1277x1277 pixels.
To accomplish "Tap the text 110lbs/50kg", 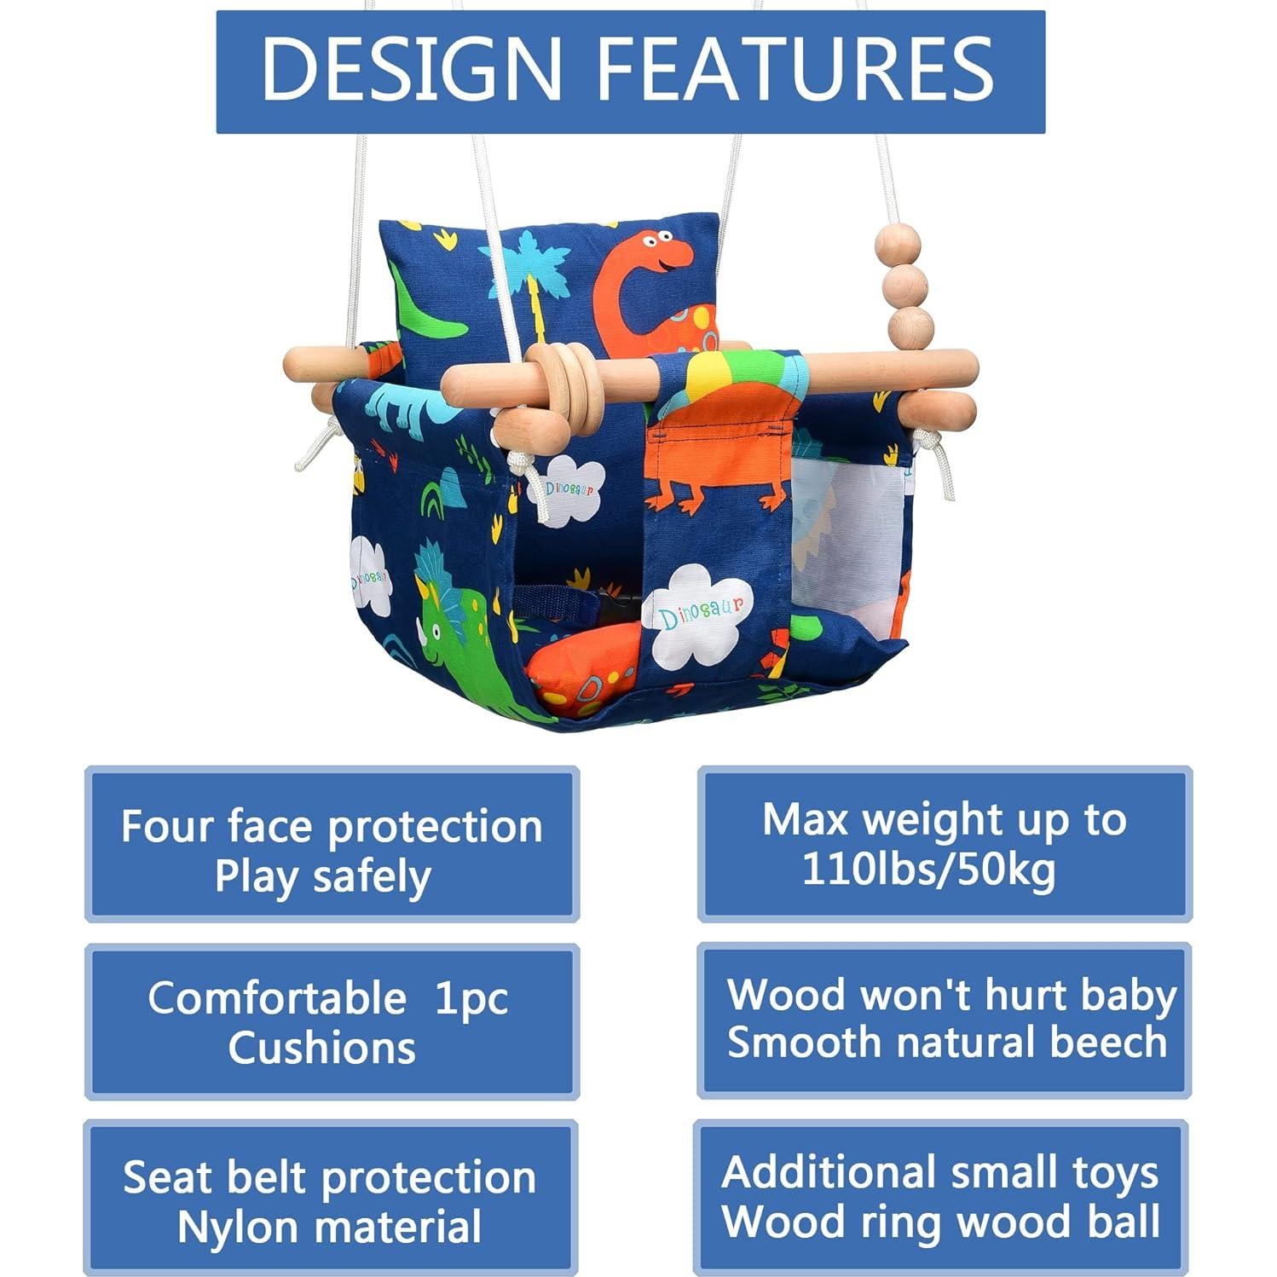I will [x=929, y=870].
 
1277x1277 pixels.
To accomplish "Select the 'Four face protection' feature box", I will [x=332, y=844].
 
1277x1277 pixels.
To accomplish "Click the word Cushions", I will [x=321, y=1048].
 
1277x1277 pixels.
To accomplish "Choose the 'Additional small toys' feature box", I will [x=941, y=1197].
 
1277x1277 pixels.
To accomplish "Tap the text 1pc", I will [x=471, y=998].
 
